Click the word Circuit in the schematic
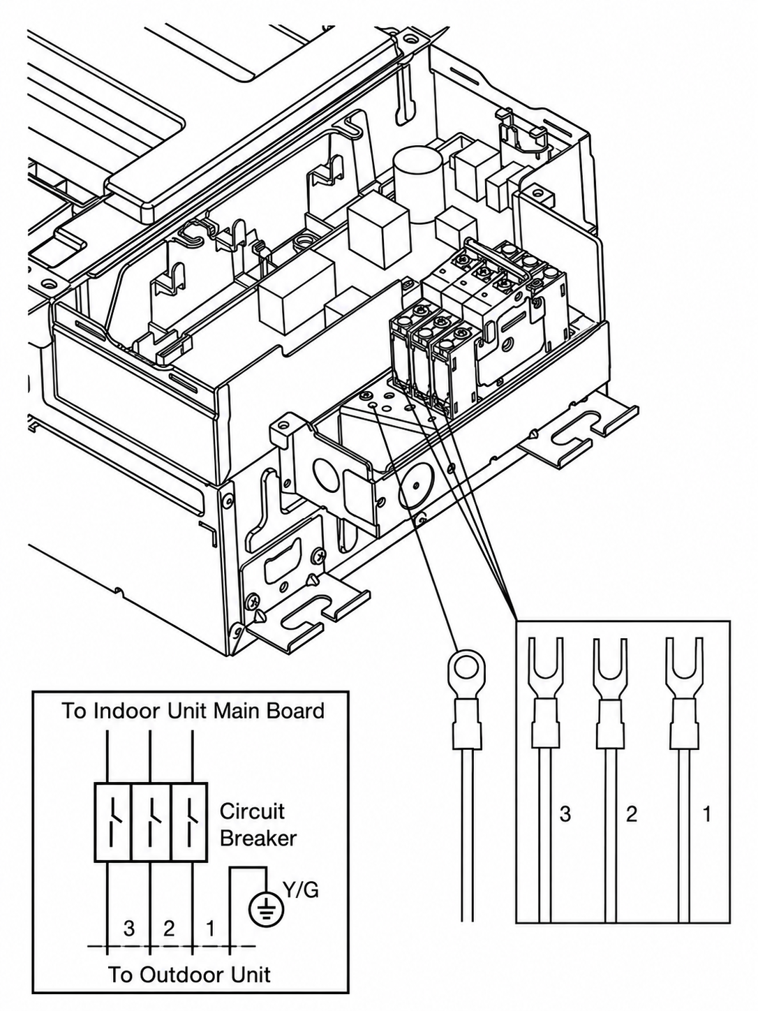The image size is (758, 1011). click(x=252, y=811)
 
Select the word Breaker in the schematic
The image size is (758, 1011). click(x=258, y=839)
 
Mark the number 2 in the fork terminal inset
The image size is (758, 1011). click(x=632, y=814)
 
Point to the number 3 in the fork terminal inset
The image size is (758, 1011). click(x=565, y=814)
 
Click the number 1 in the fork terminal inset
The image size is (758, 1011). click(x=706, y=814)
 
